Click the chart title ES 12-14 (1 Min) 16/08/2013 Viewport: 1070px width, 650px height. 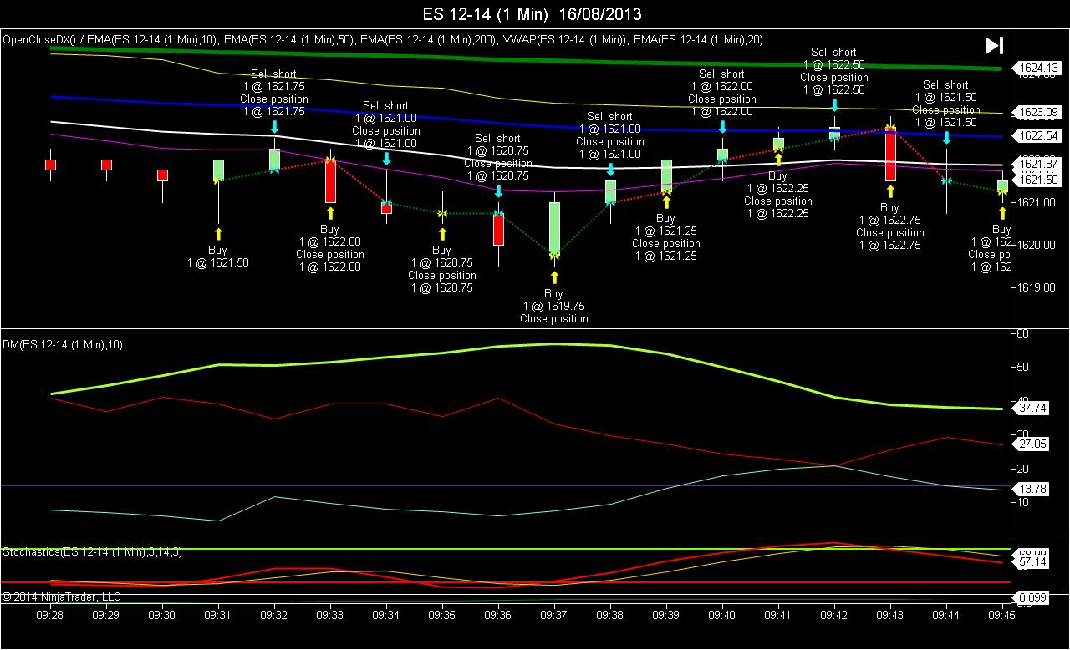point(532,14)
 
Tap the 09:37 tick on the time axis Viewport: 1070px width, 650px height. point(554,615)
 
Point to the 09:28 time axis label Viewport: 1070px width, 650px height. point(50,615)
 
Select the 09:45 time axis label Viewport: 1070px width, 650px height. point(1001,615)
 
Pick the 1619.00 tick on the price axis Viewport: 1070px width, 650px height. point(1034,287)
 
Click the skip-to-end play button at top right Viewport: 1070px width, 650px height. point(994,46)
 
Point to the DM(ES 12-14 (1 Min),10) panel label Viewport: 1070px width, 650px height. point(63,344)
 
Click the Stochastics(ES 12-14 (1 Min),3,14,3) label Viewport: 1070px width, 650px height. point(92,552)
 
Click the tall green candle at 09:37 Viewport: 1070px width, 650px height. point(554,227)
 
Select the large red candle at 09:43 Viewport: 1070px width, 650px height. point(890,155)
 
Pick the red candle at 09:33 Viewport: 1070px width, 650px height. point(330,180)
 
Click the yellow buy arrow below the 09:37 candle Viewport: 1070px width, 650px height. point(554,277)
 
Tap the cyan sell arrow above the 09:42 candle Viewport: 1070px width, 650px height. point(834,104)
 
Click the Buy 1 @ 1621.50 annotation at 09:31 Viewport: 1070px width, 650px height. point(217,256)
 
